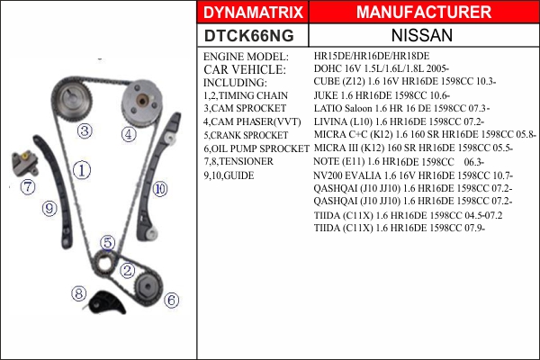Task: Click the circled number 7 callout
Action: pos(28,187)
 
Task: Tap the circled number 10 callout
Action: pos(160,189)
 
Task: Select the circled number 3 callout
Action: pos(85,130)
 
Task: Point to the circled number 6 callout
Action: pos(171,301)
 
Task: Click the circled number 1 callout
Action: pos(82,170)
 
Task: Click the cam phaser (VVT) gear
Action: pos(141,101)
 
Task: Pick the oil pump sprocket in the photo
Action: pos(148,287)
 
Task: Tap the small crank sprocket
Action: pos(103,264)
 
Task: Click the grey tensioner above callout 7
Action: pos(24,163)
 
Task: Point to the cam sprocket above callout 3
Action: pos(72,99)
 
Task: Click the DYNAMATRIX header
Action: pos(253,13)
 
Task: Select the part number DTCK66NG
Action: pos(249,36)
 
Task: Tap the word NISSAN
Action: pos(422,35)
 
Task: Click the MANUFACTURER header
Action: pos(424,12)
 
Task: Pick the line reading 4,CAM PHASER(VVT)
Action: pos(252,122)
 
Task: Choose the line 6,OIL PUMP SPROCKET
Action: pos(256,148)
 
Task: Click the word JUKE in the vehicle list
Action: pos(325,95)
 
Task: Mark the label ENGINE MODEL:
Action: pos(246,57)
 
